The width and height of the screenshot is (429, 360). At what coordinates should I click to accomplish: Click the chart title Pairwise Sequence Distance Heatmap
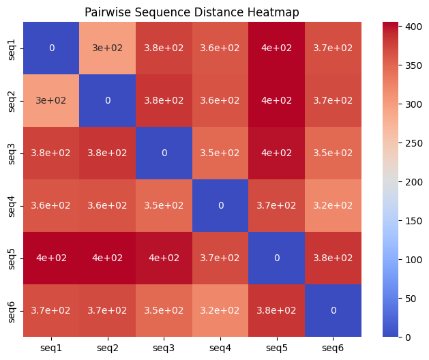pyautogui.click(x=192, y=12)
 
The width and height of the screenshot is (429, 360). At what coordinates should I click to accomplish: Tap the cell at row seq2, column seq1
pyautogui.click(x=51, y=100)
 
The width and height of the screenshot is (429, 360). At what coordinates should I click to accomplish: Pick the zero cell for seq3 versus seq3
pyautogui.click(x=164, y=153)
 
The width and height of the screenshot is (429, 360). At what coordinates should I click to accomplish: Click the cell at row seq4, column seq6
pyautogui.click(x=333, y=205)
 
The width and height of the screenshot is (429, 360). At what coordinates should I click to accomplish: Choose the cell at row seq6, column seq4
pyautogui.click(x=220, y=310)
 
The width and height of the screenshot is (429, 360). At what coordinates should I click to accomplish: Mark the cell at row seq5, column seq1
pyautogui.click(x=51, y=258)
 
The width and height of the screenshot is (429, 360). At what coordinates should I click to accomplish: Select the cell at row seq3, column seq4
pyautogui.click(x=220, y=153)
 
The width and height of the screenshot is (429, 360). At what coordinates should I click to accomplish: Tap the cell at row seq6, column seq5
pyautogui.click(x=276, y=310)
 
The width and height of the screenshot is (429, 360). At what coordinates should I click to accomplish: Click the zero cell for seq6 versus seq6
pyautogui.click(x=333, y=310)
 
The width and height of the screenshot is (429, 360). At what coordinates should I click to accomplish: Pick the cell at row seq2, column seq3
pyautogui.click(x=164, y=100)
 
